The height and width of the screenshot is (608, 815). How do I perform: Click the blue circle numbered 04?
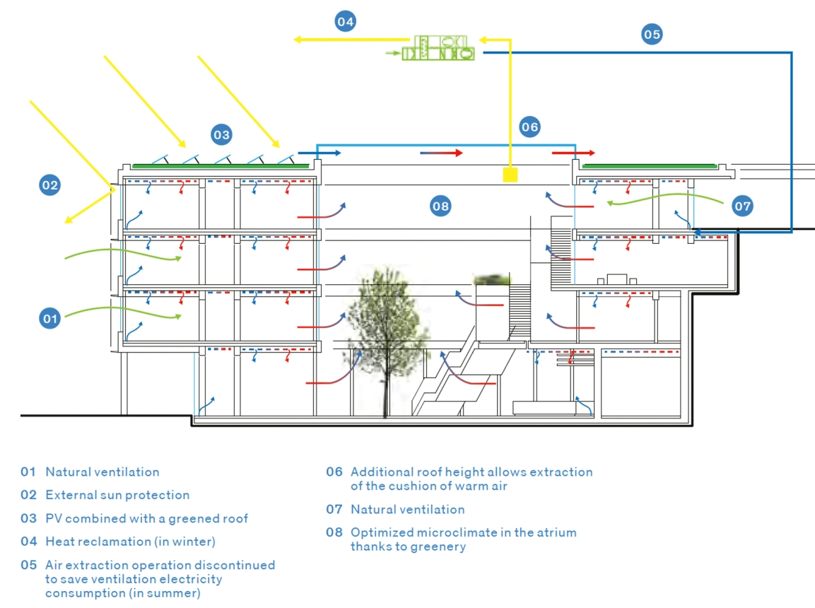coord(345,21)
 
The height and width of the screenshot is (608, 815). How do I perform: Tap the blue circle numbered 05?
coord(652,34)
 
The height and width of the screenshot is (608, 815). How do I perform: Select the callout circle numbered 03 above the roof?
coord(221,134)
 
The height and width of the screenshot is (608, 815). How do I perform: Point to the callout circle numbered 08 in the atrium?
coord(440,206)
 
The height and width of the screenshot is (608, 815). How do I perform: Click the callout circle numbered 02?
coord(49,185)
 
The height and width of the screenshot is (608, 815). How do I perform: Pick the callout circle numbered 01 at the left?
coord(49,319)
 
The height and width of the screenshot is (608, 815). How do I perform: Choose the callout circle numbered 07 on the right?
coord(742,206)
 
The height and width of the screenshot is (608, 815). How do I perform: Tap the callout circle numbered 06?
coord(529,127)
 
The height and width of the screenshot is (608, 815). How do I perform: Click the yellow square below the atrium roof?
coord(510,174)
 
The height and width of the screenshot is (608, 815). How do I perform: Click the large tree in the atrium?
coord(385,325)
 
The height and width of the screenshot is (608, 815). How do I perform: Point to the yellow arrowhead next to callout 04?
coord(299,40)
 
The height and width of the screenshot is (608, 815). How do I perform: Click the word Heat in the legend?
coord(59,542)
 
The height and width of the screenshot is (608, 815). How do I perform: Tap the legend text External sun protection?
coord(117,495)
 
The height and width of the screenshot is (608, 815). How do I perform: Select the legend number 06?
coord(334,472)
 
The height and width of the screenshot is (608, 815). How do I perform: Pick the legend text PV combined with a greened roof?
coord(147,518)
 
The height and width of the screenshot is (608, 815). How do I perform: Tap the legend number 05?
coord(28,565)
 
